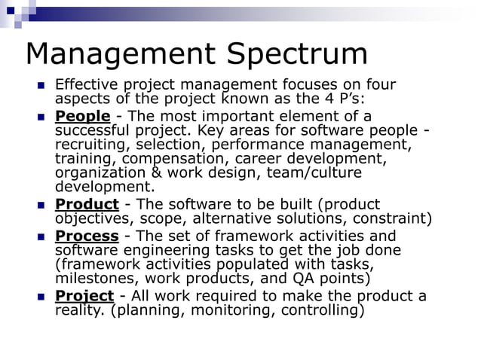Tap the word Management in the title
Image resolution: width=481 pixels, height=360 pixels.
(x=120, y=54)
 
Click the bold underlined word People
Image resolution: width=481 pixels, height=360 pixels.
(x=83, y=116)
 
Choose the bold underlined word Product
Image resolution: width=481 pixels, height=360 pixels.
(x=87, y=205)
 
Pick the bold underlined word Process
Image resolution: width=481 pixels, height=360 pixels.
(x=87, y=236)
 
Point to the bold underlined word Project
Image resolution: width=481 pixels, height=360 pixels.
(x=84, y=295)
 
